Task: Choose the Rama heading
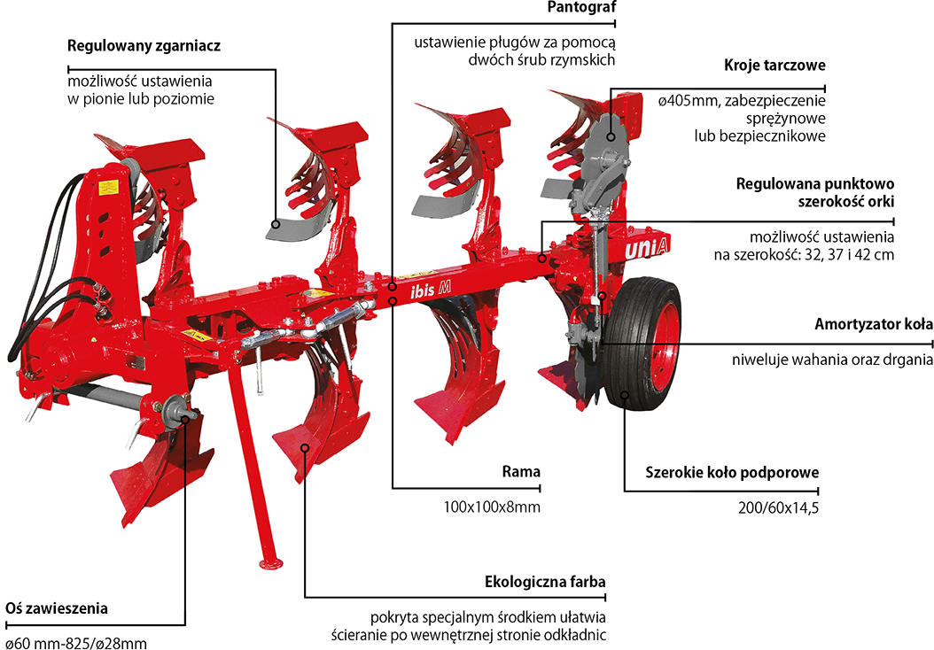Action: tap(521, 471)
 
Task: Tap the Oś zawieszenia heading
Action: tap(57, 608)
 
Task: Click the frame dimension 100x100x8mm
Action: tap(492, 507)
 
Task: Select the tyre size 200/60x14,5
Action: tap(777, 507)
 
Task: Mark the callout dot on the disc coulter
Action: tap(610, 136)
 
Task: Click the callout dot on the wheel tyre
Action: tap(625, 395)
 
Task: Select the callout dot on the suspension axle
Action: tap(185, 416)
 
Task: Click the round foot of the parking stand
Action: tap(266, 562)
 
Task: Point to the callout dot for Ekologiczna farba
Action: tap(304, 448)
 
